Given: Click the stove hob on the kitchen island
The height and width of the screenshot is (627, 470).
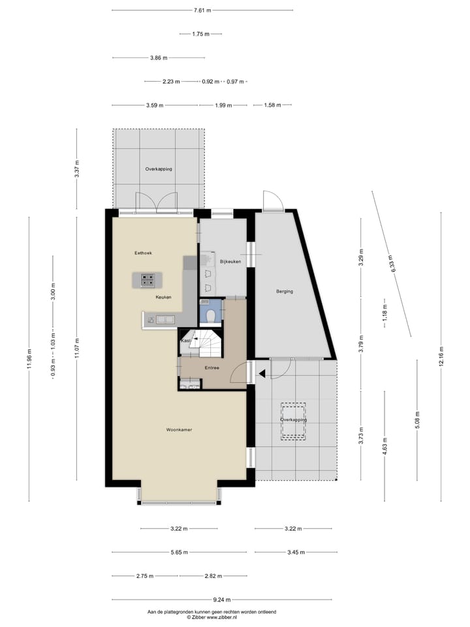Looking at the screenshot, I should coord(148,280).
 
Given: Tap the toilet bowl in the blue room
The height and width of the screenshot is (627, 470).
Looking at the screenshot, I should coord(210,315).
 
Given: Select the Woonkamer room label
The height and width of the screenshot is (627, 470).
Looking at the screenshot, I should coord(178,430).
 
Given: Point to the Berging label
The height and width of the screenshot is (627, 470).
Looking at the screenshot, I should coord(284,291).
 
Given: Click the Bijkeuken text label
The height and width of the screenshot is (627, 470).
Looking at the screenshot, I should coord(230,261).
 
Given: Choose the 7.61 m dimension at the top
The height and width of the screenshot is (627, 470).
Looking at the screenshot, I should coord(202,10).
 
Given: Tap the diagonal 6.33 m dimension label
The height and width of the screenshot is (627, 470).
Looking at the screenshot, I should coord(392,263).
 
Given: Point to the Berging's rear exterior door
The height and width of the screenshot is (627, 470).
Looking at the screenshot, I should coord(273,201).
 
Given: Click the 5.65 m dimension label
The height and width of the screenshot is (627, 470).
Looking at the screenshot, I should coord(179,552).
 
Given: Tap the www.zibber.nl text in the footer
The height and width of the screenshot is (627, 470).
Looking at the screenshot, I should coord(219,617).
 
